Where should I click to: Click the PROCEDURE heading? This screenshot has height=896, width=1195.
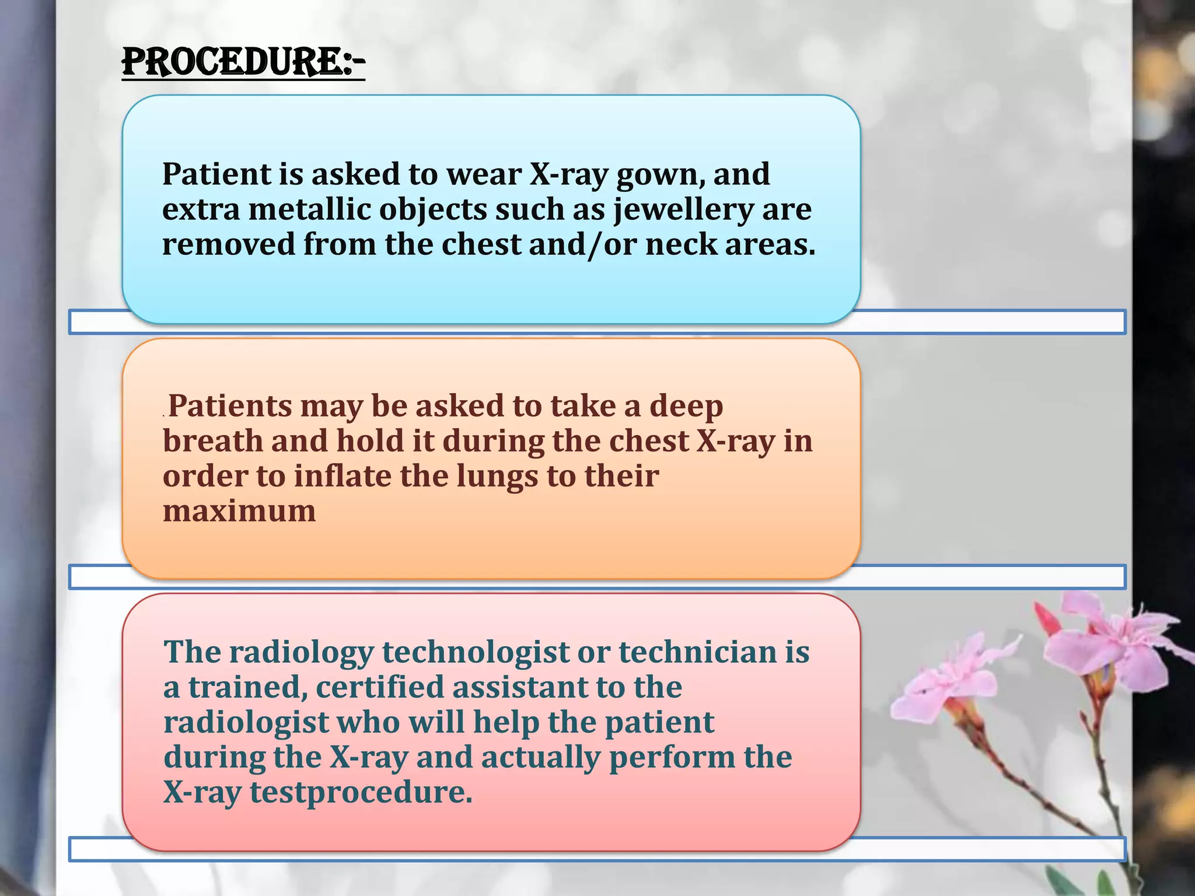click(x=243, y=62)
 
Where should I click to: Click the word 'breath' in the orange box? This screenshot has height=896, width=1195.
click(x=212, y=441)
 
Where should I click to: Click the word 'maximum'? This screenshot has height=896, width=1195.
click(x=239, y=511)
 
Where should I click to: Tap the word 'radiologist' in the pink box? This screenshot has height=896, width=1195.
click(x=246, y=723)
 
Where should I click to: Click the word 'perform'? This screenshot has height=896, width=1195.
click(x=672, y=758)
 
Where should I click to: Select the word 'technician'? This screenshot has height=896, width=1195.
click(x=698, y=652)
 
